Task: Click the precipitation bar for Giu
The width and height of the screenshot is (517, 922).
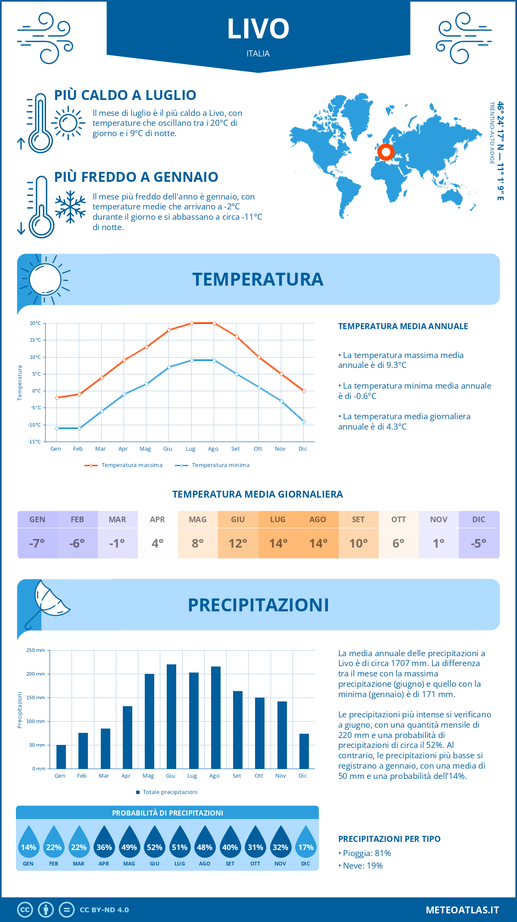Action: click(x=171, y=716)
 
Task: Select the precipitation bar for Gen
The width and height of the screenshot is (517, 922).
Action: click(x=61, y=757)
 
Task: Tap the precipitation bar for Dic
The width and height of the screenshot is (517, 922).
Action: click(x=304, y=751)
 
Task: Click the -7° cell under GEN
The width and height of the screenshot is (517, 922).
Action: click(x=37, y=543)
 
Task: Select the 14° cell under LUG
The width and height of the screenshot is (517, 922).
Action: click(x=278, y=543)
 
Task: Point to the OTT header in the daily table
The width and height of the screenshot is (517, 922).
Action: click(x=399, y=520)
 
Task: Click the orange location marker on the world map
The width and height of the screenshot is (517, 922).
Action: click(x=386, y=152)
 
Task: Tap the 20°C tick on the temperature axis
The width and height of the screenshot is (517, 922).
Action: click(x=35, y=323)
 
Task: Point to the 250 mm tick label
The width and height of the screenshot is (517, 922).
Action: click(x=36, y=650)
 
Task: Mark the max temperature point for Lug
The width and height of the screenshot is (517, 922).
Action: click(x=192, y=323)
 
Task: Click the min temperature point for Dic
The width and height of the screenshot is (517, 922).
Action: click(x=304, y=421)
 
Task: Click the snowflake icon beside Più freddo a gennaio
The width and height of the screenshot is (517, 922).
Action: click(x=70, y=207)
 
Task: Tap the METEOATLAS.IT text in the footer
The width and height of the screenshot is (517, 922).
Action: click(x=462, y=910)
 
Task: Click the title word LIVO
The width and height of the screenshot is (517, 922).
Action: click(x=258, y=29)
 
